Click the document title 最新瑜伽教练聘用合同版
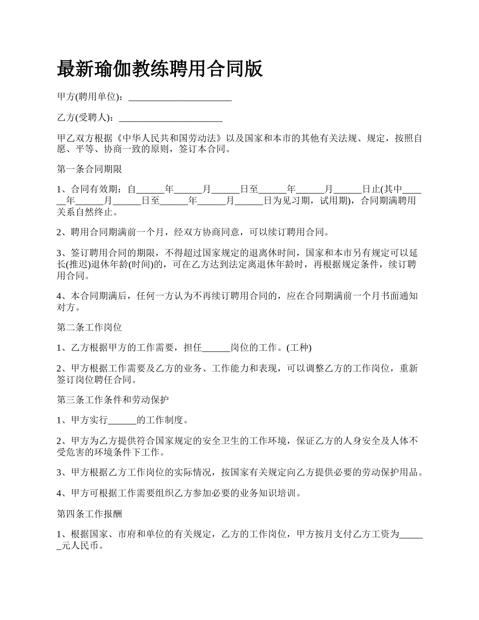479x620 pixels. [x=160, y=69]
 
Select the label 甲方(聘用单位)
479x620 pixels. [x=89, y=97]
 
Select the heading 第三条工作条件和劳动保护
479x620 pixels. [x=112, y=400]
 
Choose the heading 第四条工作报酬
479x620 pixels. [x=89, y=514]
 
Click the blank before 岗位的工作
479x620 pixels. [x=216, y=348]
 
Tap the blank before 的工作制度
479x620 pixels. [x=123, y=420]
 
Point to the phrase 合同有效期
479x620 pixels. [x=96, y=190]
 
